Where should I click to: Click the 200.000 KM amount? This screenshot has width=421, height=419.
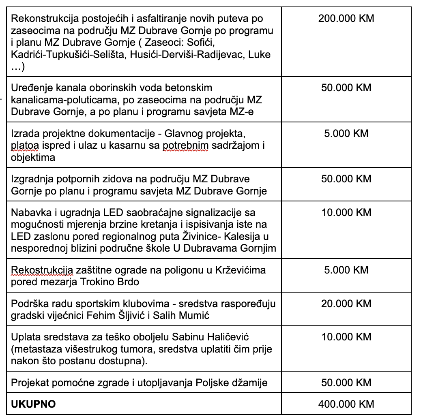346,19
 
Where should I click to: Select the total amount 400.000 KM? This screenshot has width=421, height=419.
346,404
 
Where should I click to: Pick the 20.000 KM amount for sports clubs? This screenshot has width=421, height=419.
346,304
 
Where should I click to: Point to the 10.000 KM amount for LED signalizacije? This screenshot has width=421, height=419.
346,212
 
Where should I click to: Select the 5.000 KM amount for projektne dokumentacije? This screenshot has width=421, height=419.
346,133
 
